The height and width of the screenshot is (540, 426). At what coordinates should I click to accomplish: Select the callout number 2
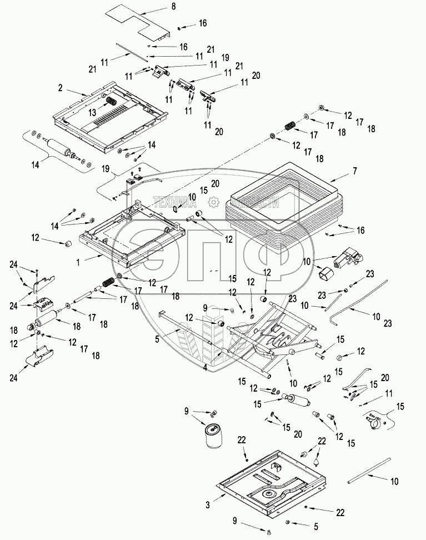point(60,88)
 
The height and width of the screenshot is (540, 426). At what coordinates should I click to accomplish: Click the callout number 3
point(207,504)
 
